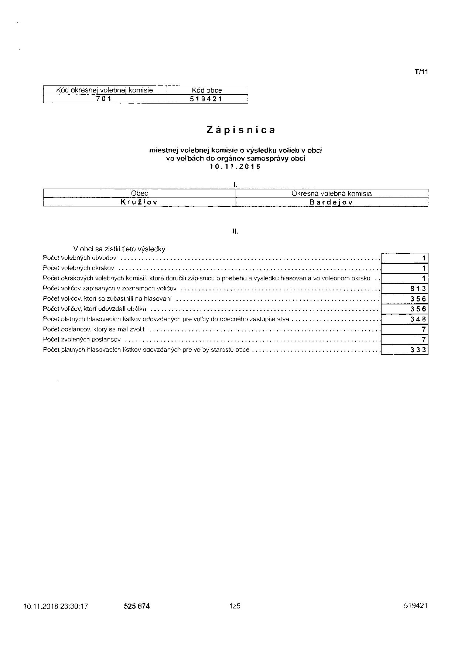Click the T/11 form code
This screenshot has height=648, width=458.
click(x=421, y=72)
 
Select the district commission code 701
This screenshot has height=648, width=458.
click(x=104, y=99)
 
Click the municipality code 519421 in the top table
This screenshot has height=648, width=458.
click(x=206, y=99)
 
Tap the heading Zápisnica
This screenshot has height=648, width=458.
click(x=241, y=130)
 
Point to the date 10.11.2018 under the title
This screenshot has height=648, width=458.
click(x=235, y=166)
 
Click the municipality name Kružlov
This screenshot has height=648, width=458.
click(x=139, y=202)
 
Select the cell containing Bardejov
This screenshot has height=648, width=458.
click(x=331, y=202)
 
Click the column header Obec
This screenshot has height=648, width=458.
click(x=140, y=193)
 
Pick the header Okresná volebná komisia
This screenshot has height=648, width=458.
click(x=331, y=193)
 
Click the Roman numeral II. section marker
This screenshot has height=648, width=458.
click(x=235, y=232)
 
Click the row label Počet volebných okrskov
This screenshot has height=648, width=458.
click(x=79, y=268)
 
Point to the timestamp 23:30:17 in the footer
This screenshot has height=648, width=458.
click(x=74, y=606)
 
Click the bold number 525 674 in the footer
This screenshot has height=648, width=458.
click(x=137, y=606)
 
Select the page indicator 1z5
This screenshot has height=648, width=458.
click(x=235, y=606)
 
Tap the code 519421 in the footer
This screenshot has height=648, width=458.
click(x=416, y=605)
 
